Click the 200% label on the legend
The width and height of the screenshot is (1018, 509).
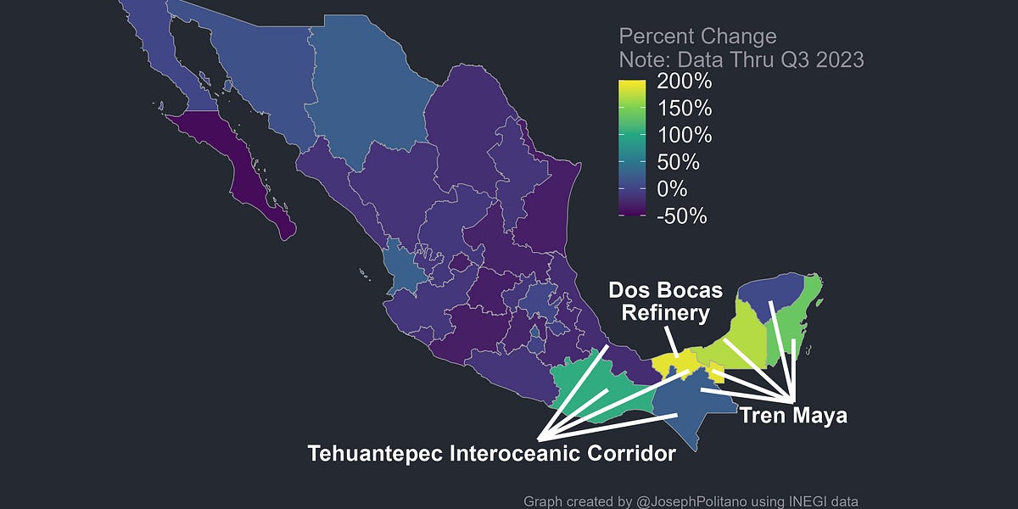coord(685,83)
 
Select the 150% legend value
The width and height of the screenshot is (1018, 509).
coord(685,109)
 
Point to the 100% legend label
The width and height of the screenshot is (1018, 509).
coord(685,136)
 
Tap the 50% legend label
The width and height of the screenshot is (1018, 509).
coord(678,162)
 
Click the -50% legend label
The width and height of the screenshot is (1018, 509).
coord(681,215)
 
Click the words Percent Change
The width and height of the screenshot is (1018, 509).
coord(697,36)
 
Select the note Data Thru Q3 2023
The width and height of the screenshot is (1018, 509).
coord(741,60)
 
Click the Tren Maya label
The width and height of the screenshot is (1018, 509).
coord(793,416)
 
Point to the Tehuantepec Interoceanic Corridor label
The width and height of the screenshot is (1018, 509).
coord(491,453)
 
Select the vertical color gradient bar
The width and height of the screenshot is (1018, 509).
coord(632,148)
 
